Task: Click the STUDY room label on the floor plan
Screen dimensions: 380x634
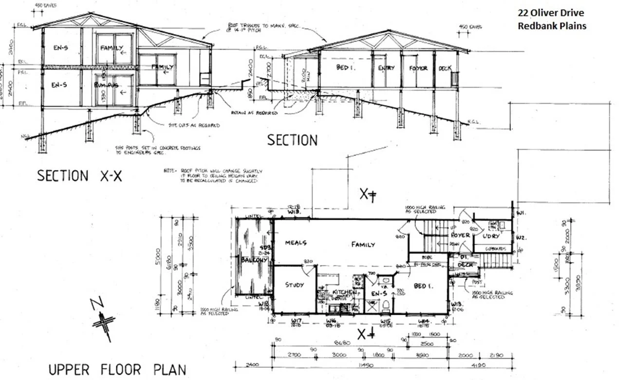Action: [295, 285]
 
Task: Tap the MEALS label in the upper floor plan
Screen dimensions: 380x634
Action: [295, 243]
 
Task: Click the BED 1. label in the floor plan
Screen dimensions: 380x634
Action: [422, 285]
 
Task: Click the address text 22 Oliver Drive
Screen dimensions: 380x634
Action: [551, 13]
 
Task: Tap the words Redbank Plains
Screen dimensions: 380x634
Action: [552, 26]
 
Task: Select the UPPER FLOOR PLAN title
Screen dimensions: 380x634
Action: [117, 369]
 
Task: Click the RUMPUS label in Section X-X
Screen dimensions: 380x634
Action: [107, 85]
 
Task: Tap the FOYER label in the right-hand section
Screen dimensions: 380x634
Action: [418, 68]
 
